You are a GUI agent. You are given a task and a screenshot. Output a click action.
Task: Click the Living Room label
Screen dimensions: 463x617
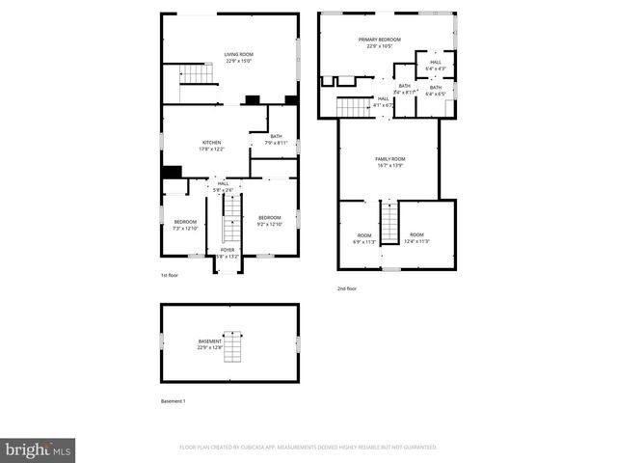coord(238,57)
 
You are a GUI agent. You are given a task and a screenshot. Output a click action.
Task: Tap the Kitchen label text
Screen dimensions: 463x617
coord(211,146)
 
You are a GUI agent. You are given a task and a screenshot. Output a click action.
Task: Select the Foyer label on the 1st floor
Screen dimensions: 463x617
coord(227,253)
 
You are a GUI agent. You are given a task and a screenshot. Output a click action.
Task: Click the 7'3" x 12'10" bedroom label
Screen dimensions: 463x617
coord(184,225)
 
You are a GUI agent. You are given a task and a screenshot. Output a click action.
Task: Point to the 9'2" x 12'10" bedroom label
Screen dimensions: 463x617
coord(269,221)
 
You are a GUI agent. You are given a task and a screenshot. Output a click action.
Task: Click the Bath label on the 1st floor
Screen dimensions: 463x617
coord(276,140)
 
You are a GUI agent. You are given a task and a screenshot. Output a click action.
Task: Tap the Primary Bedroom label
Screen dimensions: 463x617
coord(379,42)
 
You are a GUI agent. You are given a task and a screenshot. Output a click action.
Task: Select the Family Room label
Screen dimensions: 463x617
coord(389,161)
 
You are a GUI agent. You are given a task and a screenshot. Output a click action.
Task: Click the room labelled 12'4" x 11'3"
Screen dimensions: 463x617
coord(416,238)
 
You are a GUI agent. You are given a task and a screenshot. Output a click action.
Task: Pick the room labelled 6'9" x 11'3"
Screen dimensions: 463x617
coord(363,238)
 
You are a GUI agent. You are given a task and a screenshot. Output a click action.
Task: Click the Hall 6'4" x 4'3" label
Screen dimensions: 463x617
coord(436,66)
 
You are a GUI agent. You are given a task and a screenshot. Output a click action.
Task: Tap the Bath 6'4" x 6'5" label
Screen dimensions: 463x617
coord(436,91)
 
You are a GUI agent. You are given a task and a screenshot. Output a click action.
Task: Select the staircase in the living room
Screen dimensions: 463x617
coord(195,74)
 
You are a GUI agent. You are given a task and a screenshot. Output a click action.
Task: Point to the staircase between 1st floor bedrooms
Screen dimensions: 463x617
coord(229,230)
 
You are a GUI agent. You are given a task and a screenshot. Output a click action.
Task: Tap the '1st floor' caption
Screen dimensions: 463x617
coord(171,276)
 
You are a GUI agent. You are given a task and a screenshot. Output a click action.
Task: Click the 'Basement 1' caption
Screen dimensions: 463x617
coord(173,400)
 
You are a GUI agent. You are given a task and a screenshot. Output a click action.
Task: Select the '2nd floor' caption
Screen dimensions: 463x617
coord(347,288)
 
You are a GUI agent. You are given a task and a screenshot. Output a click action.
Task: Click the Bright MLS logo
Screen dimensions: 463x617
coord(39,449)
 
